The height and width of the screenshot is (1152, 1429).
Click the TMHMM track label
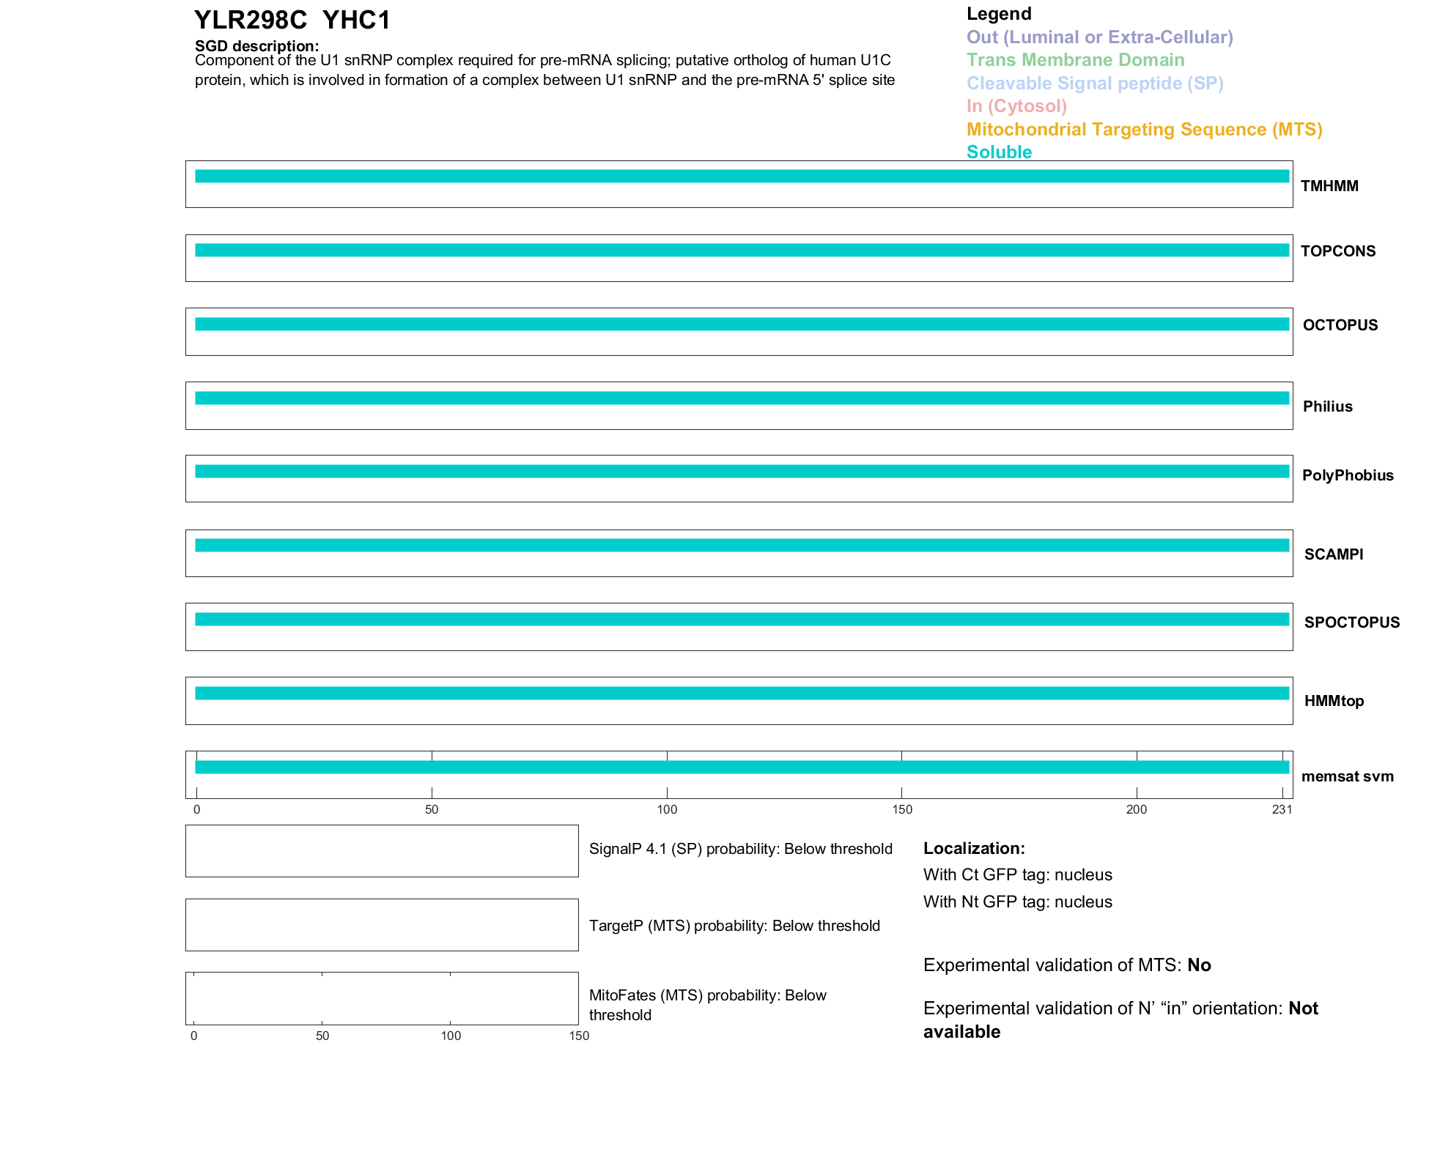(1329, 186)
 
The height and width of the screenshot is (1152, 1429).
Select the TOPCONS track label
(1337, 251)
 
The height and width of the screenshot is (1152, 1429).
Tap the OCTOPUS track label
(1340, 325)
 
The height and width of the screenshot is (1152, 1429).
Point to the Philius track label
(1327, 406)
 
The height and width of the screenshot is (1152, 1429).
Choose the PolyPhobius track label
(1347, 475)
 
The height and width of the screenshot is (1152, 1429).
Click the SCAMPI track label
(1333, 554)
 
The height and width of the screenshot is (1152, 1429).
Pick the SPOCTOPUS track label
(1351, 623)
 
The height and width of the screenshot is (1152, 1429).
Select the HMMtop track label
(1334, 701)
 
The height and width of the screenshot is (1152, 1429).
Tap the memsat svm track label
(1347, 776)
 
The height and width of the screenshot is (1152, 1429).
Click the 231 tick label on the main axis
(1282, 809)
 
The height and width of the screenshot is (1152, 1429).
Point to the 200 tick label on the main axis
(1137, 809)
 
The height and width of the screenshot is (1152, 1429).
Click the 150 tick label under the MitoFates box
(579, 1036)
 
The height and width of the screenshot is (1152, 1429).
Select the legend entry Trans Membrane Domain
(1075, 60)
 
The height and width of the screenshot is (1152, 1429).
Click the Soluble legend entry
(999, 152)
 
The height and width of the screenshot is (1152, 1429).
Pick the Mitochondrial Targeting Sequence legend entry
(1144, 130)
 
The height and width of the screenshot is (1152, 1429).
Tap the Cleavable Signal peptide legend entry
(1095, 83)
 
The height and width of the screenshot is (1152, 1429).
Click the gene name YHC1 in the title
(356, 21)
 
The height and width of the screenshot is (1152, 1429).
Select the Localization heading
(974, 848)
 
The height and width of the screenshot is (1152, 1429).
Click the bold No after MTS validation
(1199, 965)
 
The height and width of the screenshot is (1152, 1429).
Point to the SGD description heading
(256, 46)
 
